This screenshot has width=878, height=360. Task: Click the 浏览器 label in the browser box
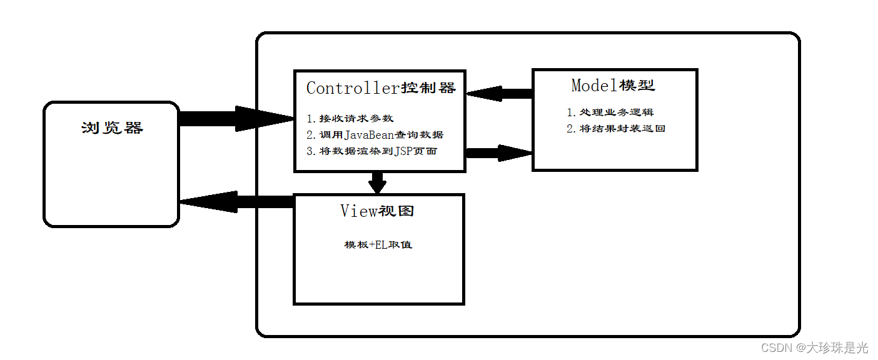click(x=112, y=128)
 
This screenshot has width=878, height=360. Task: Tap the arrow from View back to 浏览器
click(x=238, y=201)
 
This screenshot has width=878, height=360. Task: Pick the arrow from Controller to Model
click(x=499, y=152)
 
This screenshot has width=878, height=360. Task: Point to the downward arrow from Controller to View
click(x=377, y=182)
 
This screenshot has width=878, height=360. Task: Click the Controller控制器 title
click(x=380, y=88)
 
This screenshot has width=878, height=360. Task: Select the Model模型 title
click(x=613, y=85)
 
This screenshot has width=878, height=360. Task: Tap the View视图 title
click(x=377, y=211)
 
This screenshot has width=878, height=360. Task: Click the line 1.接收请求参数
click(x=350, y=118)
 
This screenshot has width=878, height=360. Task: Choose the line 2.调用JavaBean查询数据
click(x=375, y=134)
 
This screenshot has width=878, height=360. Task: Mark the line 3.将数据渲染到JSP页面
click(x=371, y=151)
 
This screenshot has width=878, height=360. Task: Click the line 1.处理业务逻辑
click(x=610, y=112)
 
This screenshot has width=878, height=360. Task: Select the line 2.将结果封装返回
click(x=615, y=129)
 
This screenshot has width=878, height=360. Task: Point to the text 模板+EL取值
click(x=378, y=244)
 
